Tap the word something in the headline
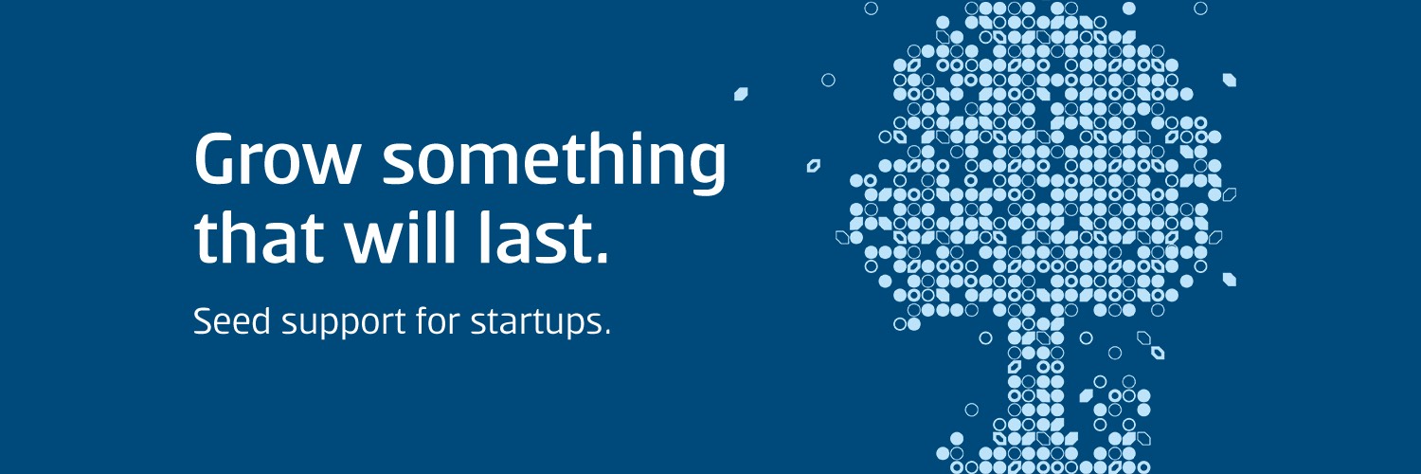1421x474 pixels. coord(553,161)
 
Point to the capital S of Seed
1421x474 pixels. coord(202,321)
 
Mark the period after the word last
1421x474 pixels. coord(598,256)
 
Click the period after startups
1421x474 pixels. coord(607,333)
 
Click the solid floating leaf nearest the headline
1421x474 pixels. coord(742,94)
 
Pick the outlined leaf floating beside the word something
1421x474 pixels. coord(813,166)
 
